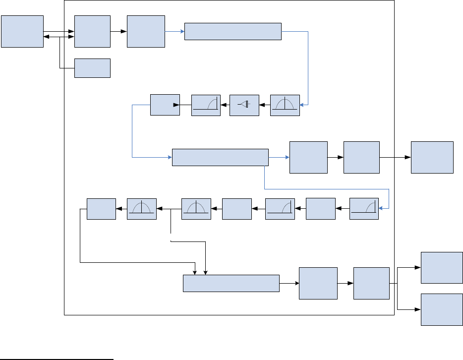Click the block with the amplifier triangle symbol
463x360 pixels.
point(244,105)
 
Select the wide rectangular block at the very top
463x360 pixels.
point(232,31)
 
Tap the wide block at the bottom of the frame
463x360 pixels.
point(231,284)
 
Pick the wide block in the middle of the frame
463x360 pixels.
point(220,157)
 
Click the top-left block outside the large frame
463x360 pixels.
point(22,31)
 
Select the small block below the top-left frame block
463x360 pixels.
point(92,68)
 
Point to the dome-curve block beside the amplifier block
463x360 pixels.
point(285,105)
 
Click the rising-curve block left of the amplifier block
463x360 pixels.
point(206,105)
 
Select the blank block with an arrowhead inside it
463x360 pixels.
point(165,105)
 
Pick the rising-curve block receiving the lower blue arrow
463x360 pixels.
point(364,209)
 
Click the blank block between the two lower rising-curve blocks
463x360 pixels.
point(320,209)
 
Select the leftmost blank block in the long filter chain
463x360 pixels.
point(101,209)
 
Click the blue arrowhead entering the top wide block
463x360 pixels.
point(181,31)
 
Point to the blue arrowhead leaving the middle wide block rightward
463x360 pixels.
point(287,157)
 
